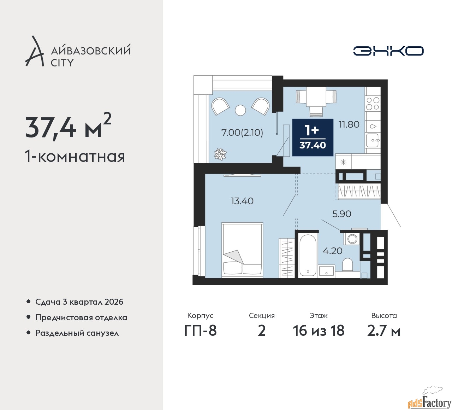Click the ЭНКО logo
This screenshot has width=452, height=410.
(x=388, y=51)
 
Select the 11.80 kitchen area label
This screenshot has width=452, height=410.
(x=349, y=124)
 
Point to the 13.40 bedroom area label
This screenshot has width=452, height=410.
(x=242, y=201)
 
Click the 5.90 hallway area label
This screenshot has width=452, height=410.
(x=342, y=214)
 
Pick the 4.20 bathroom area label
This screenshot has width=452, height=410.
(x=333, y=251)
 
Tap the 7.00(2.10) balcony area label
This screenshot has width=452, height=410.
(x=242, y=133)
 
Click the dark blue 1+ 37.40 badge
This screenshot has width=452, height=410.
(x=313, y=137)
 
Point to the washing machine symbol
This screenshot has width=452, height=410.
(x=351, y=238)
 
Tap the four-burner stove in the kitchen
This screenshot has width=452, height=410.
(x=373, y=104)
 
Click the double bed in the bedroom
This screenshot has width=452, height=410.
(x=242, y=250)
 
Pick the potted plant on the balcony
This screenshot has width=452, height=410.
(x=220, y=154)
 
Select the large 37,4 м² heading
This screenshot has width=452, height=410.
(x=68, y=127)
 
